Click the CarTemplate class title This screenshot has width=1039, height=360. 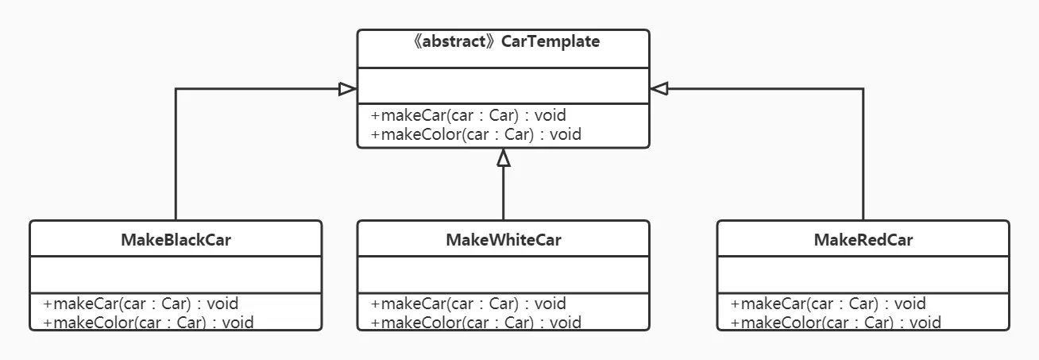(550, 41)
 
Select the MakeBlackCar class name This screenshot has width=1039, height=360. (176, 239)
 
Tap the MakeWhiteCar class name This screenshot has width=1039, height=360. (503, 239)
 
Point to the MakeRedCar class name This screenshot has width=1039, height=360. (863, 239)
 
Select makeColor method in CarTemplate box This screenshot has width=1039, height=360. (476, 134)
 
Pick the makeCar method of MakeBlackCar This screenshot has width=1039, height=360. (141, 303)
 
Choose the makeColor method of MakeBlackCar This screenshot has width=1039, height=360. (149, 322)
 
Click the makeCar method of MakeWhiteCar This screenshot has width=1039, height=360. (469, 303)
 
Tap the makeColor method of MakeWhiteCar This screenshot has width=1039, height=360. (476, 322)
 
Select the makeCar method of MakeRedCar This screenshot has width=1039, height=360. (828, 303)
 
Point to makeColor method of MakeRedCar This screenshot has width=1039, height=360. (836, 322)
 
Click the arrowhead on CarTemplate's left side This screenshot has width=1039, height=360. (347, 89)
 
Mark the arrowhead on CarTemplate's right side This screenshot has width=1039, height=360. (659, 89)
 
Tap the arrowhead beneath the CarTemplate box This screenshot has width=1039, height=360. (503, 158)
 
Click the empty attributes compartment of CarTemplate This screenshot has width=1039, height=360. (503, 86)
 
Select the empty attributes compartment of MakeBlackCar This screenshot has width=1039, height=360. (176, 275)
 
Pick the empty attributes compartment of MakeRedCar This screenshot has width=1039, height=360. (863, 275)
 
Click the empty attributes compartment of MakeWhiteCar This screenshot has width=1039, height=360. (503, 275)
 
